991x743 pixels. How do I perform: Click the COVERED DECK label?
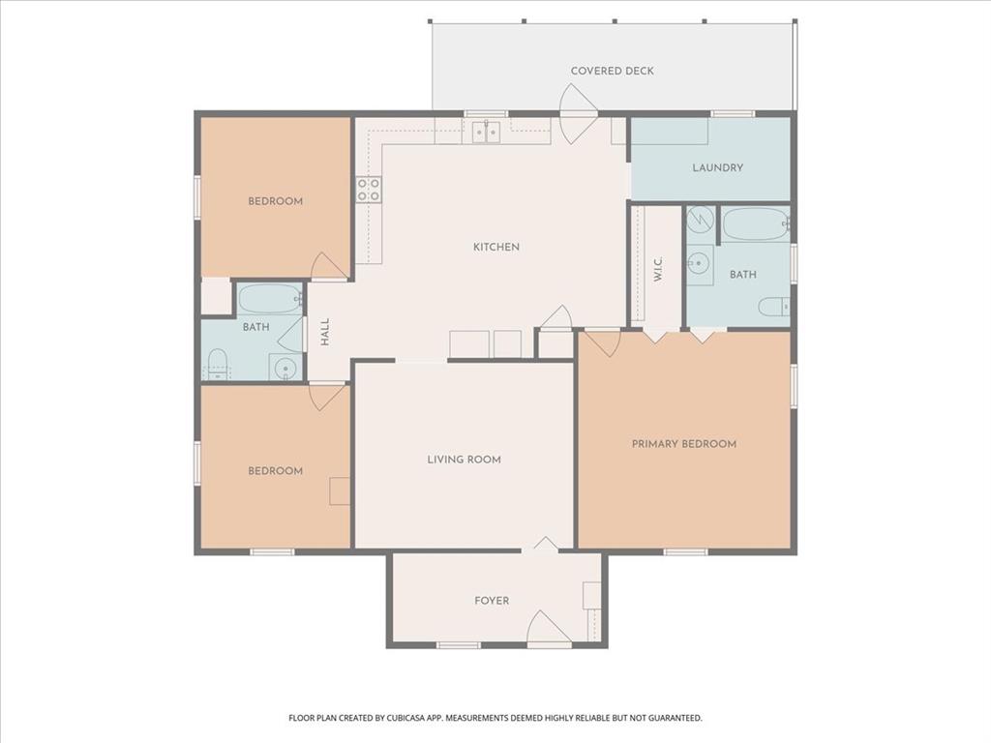coord(612,71)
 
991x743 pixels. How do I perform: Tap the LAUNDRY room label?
coord(717,167)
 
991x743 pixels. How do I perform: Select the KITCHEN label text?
coord(495,247)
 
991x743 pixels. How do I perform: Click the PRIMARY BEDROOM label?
coord(683,444)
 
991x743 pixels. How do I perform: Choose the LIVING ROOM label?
coord(464,460)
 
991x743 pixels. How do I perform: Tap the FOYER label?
coord(492,601)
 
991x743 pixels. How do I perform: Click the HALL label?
coord(326,332)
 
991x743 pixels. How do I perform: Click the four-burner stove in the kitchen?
coord(368,189)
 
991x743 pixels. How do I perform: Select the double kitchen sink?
coord(485,131)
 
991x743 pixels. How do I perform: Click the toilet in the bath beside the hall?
coord(218,366)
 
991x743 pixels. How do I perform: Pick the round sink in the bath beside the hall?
coord(284,368)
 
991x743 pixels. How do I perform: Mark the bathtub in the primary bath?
coord(755,224)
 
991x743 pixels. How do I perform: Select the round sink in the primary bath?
coord(699,261)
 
